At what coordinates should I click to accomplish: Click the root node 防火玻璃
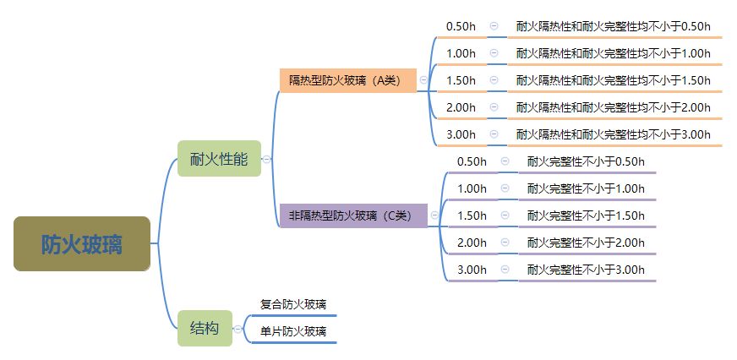click(82, 244)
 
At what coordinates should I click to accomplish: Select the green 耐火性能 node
click(219, 159)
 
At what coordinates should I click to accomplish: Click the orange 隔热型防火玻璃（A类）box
click(347, 80)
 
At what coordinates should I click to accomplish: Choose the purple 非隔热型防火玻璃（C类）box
click(353, 215)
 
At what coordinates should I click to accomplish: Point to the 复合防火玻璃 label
click(293, 304)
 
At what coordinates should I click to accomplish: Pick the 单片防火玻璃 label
click(293, 331)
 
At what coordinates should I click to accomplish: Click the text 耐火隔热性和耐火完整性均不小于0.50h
click(614, 26)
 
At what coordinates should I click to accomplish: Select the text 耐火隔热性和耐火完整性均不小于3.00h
click(614, 134)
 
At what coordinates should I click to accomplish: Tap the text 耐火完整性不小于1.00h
click(586, 188)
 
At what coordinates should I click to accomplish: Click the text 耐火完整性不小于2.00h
click(586, 243)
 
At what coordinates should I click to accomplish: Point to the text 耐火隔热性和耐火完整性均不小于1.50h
click(614, 80)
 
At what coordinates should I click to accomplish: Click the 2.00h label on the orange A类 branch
click(461, 107)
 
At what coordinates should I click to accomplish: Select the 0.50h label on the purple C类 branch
click(472, 161)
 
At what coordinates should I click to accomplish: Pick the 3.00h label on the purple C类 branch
click(472, 270)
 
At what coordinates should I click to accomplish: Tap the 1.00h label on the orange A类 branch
click(461, 53)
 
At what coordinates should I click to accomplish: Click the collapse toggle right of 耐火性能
click(266, 159)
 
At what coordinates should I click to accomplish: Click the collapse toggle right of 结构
click(237, 329)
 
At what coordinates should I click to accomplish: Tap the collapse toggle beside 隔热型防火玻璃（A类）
click(423, 80)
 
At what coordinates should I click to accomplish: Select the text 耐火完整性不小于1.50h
click(586, 215)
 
